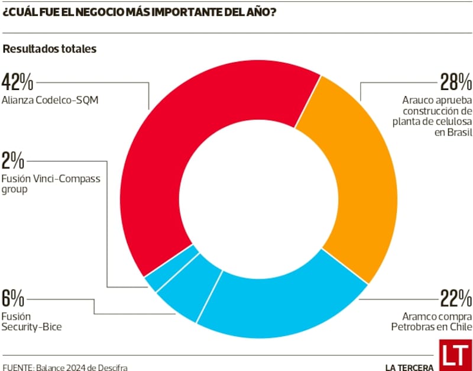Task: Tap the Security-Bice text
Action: point(33,327)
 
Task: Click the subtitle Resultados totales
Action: point(50,49)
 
